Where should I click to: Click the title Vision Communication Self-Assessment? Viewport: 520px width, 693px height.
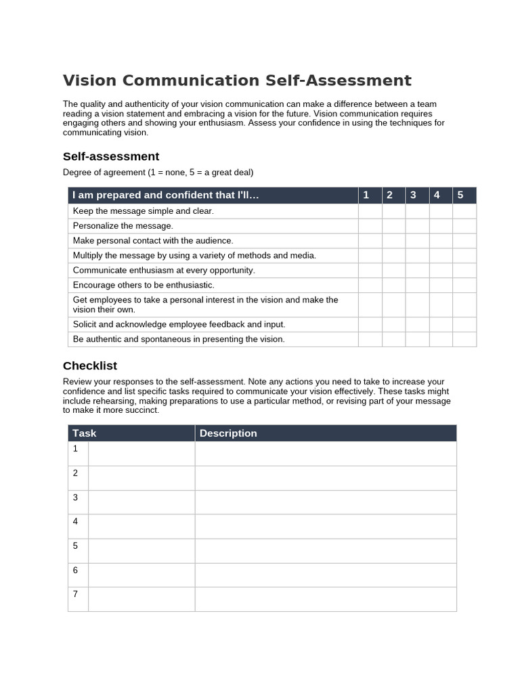click(237, 81)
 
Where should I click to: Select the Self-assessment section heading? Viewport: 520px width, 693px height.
click(111, 156)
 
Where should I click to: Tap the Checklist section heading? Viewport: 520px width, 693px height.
click(90, 365)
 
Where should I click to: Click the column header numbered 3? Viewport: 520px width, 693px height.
click(413, 195)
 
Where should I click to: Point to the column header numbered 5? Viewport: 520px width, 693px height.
click(460, 195)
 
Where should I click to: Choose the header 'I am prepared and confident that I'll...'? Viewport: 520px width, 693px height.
click(166, 195)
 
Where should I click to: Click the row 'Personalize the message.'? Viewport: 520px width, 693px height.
click(123, 226)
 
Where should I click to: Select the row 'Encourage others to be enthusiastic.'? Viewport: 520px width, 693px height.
click(144, 285)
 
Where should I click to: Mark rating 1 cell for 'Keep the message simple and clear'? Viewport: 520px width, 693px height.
click(370, 211)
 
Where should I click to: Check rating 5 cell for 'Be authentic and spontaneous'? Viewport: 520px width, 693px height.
click(464, 339)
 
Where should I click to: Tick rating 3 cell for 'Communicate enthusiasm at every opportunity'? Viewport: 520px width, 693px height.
click(417, 270)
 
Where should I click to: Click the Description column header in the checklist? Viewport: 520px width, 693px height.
click(228, 433)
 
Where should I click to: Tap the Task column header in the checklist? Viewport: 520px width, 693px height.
click(85, 433)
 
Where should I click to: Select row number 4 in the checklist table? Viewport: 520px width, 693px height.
click(76, 522)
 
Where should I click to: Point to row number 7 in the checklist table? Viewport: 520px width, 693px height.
click(76, 594)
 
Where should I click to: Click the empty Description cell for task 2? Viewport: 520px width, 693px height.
click(326, 478)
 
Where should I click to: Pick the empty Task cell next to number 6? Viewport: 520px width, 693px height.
click(142, 575)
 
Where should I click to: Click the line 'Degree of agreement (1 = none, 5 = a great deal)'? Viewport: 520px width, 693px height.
click(158, 172)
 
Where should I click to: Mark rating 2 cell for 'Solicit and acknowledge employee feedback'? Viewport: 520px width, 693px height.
click(393, 324)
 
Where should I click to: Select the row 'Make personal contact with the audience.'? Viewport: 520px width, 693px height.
click(153, 241)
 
